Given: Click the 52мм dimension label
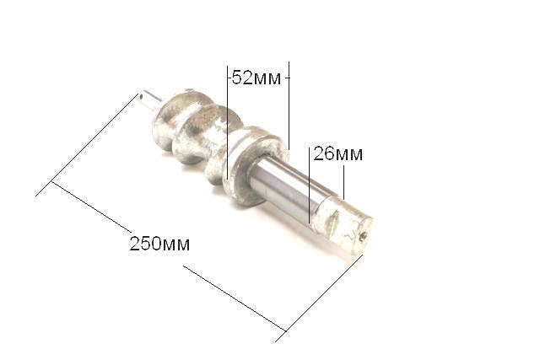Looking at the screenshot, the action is (x=256, y=78).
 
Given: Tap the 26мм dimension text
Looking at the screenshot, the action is (x=337, y=153).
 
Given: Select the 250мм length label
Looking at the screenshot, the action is (x=159, y=244).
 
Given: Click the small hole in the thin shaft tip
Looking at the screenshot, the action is (x=141, y=96).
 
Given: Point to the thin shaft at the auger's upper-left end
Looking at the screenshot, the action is (x=150, y=99).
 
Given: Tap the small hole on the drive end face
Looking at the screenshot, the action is (x=364, y=236).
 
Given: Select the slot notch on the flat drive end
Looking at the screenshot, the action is (x=335, y=220).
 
